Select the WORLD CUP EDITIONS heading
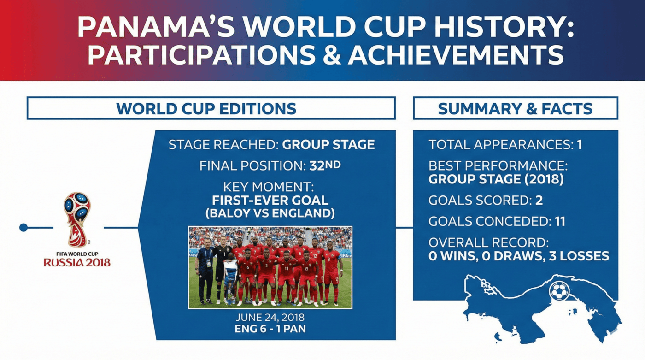click(x=206, y=109)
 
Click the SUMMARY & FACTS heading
click(x=515, y=109)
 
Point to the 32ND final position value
click(x=325, y=165)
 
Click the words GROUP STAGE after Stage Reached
click(x=328, y=145)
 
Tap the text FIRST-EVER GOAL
click(x=270, y=201)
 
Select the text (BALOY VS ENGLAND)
click(x=270, y=213)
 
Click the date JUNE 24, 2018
click(x=270, y=318)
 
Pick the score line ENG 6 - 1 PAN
click(x=270, y=329)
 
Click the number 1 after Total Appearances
click(x=579, y=145)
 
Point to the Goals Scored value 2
click(x=539, y=201)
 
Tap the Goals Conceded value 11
click(x=560, y=221)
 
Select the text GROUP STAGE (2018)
click(x=496, y=179)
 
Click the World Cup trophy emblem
click(x=77, y=219)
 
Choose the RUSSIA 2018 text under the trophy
click(x=77, y=263)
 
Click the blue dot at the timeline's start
click(x=23, y=228)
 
